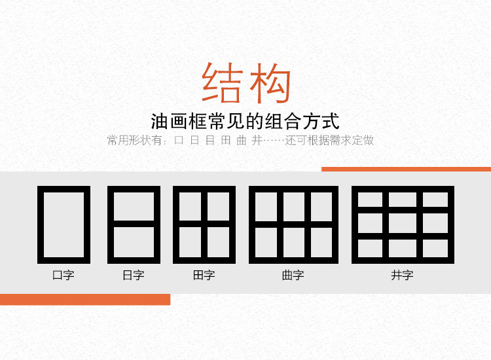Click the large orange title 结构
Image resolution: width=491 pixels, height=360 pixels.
coord(246,83)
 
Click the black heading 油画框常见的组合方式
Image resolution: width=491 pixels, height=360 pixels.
coord(245,122)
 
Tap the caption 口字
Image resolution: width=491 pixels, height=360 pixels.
coord(64,276)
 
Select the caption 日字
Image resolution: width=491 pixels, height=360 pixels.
coord(134,276)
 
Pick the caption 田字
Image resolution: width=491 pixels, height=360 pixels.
coord(204,276)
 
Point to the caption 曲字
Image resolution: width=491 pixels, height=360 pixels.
coord(293,276)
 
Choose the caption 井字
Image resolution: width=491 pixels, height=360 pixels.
coord(402,276)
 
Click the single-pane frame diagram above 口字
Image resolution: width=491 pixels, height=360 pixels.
coord(64,225)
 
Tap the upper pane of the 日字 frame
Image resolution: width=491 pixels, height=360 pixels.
coord(134,206)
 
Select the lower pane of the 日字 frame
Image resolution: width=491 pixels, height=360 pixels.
coord(134,243)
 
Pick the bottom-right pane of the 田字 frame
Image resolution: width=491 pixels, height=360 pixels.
coord(219,243)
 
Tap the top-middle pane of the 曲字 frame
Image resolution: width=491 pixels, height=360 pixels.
coord(293,206)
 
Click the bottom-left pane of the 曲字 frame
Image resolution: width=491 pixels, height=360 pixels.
coord(266,243)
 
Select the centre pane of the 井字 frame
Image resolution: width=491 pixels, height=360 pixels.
coord(402,223)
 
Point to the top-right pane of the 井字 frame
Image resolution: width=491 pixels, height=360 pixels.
coord(435,200)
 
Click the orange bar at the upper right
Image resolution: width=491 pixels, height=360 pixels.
coord(406,169)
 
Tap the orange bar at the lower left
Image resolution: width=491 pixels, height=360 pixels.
coord(85,299)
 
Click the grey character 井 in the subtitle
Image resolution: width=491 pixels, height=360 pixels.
coord(256,141)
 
